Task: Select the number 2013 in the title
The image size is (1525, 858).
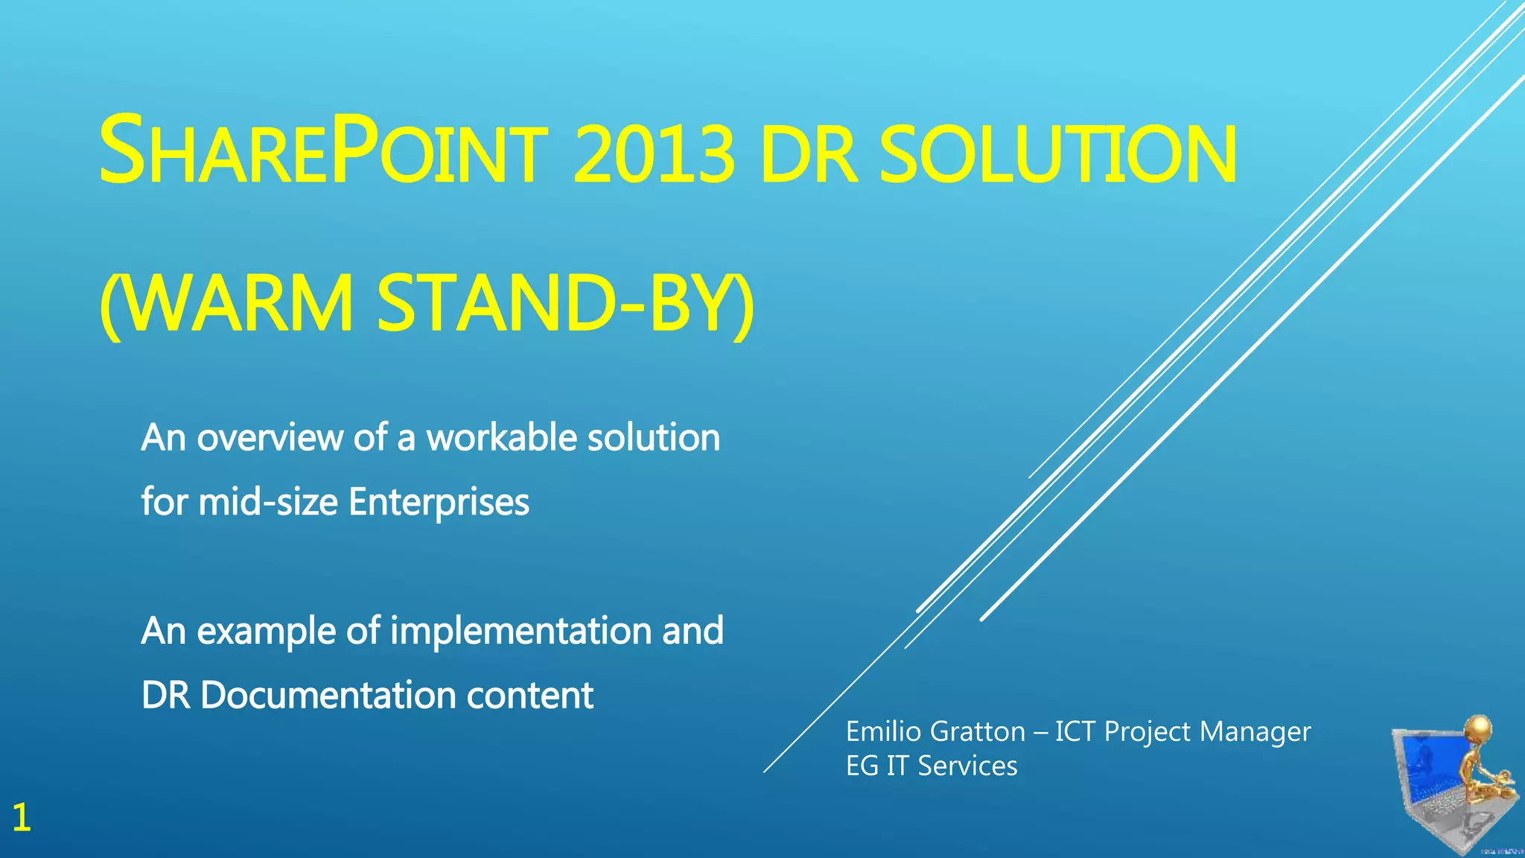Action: click(x=654, y=155)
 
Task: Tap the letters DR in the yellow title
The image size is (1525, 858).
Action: click(x=810, y=155)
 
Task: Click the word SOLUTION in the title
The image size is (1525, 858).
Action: click(x=1057, y=155)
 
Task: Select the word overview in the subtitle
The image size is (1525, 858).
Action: click(x=269, y=437)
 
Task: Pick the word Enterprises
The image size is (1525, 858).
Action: click(x=439, y=503)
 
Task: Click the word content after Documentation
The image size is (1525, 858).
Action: click(x=529, y=695)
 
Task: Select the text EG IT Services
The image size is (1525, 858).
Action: click(x=931, y=766)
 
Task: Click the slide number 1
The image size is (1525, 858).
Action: click(x=22, y=818)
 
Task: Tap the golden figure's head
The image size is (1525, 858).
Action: click(x=1479, y=727)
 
